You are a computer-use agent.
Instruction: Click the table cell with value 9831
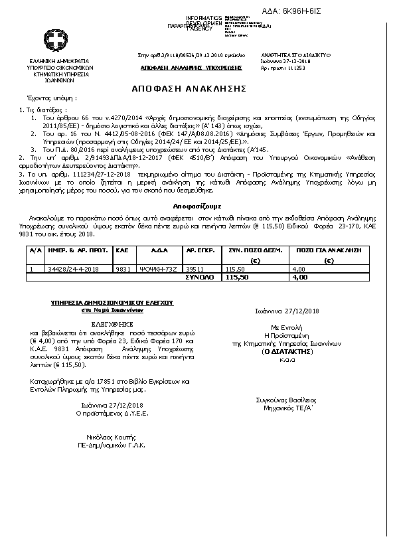[122, 269]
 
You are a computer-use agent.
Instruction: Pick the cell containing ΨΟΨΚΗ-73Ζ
[163, 269]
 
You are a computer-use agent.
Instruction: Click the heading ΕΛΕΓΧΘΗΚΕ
[112, 317]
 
